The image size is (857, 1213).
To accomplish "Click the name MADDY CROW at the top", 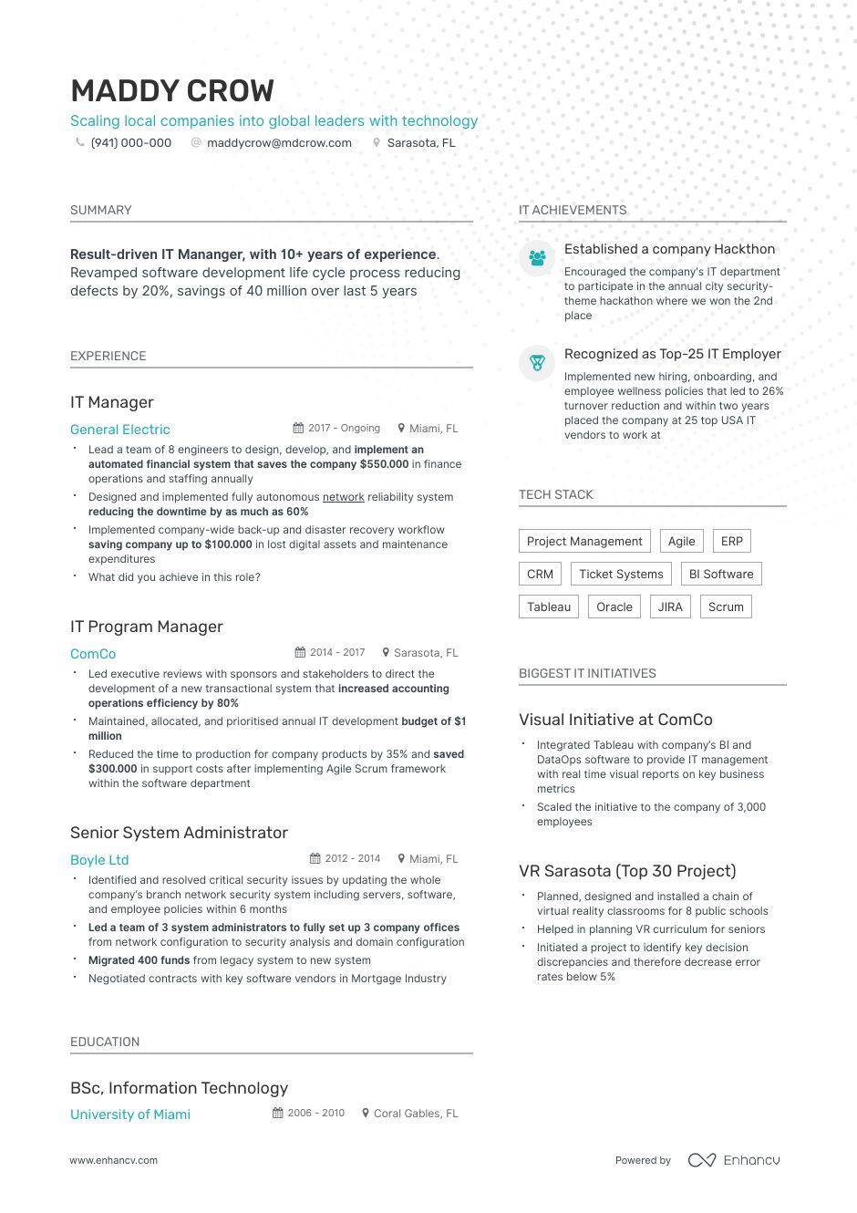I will click(171, 91).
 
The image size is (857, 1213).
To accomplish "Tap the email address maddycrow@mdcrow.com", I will click(279, 143).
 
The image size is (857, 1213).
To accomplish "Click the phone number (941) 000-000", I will click(130, 143).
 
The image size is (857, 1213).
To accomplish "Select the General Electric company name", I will click(120, 430).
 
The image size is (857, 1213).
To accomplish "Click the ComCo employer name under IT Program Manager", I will click(93, 654).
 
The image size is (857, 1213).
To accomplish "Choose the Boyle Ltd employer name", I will click(99, 860).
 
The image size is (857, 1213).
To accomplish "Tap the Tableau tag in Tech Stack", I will click(549, 607).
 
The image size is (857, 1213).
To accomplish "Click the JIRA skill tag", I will click(670, 607).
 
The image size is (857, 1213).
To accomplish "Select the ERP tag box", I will click(731, 542).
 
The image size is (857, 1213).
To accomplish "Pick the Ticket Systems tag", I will click(621, 575).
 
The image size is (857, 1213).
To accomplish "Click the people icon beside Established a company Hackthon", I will click(537, 258).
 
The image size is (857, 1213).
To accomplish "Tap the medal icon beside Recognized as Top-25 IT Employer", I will click(537, 363).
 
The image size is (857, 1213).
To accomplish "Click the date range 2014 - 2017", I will click(337, 653).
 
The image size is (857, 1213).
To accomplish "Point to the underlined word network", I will click(343, 497).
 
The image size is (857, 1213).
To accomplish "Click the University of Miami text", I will click(130, 1115).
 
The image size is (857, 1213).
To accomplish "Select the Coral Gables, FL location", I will click(416, 1114).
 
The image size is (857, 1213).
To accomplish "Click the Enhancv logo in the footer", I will click(734, 1160).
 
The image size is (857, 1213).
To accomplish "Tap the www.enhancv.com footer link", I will click(114, 1161).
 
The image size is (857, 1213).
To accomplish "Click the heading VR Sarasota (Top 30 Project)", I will click(627, 871).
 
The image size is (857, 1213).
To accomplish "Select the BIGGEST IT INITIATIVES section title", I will click(587, 674).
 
